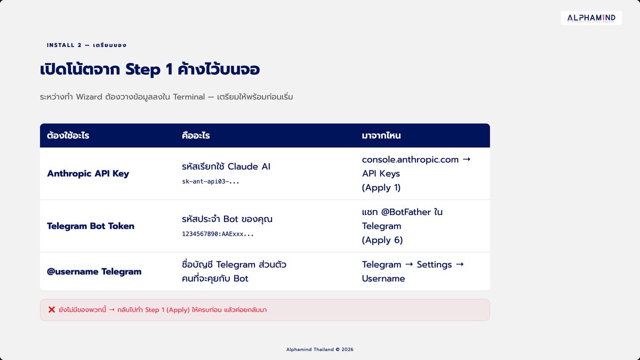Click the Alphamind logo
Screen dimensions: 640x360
pos(591,18)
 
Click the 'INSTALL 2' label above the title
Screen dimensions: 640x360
pos(65,45)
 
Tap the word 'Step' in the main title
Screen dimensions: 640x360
pos(143,69)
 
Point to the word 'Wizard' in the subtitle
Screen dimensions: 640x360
pos(89,97)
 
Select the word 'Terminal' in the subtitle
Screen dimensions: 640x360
pos(189,97)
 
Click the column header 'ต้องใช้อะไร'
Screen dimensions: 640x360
pos(68,135)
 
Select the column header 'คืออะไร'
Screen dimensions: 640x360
pos(196,135)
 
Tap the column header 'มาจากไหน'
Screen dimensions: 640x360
pos(381,135)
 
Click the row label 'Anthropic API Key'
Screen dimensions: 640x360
pos(88,173)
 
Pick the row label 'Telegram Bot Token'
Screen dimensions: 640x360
pos(91,226)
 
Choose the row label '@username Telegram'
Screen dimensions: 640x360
pos(94,271)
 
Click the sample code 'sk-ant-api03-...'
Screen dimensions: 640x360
pos(211,181)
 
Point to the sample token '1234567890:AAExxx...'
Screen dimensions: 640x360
pos(218,234)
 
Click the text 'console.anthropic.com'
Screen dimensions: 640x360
pos(410,159)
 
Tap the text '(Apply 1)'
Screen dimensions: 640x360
pos(381,188)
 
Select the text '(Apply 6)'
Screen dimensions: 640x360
pos(382,241)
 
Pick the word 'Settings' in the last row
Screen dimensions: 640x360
pos(434,265)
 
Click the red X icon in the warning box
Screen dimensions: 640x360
pos(52,310)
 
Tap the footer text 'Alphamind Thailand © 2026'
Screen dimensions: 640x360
pos(319,349)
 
